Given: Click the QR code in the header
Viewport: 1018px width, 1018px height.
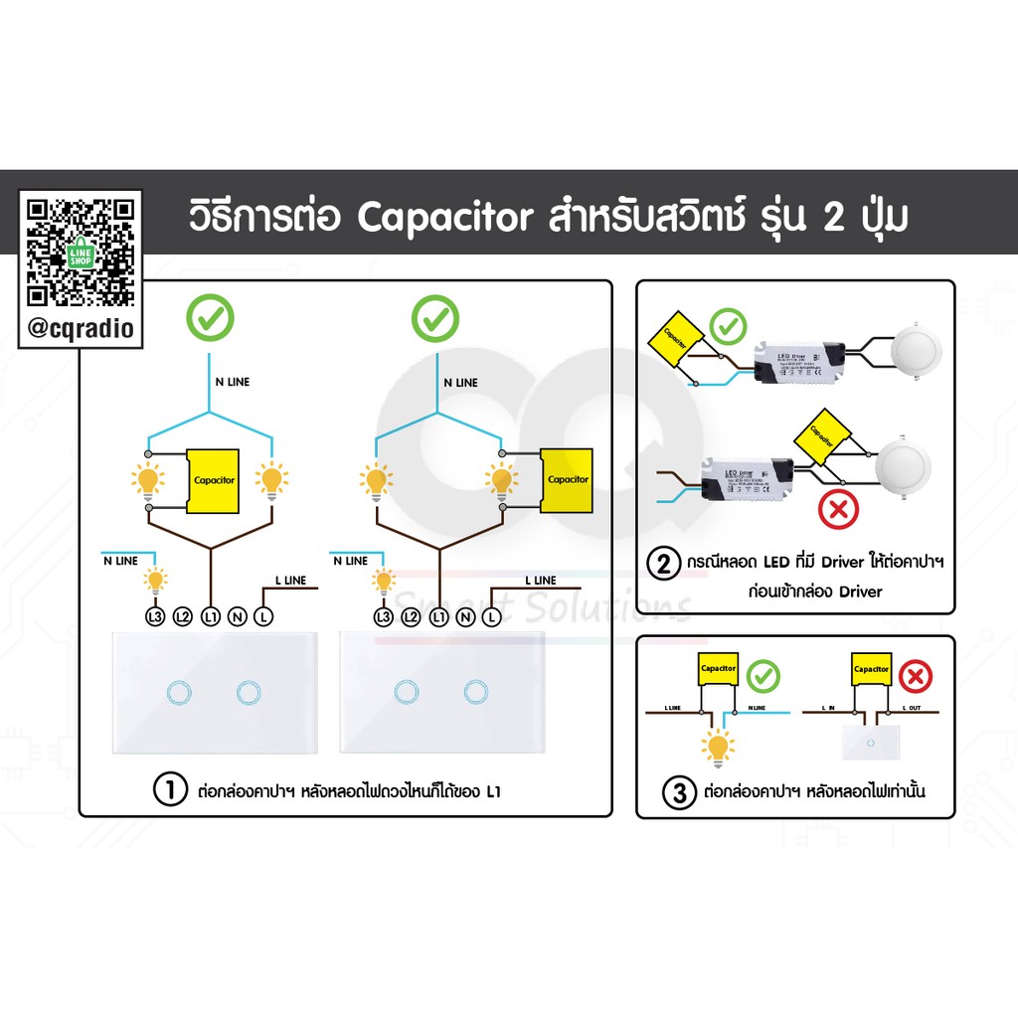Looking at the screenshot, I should pyautogui.click(x=81, y=253).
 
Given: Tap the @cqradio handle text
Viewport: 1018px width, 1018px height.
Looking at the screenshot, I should pyautogui.click(x=81, y=327).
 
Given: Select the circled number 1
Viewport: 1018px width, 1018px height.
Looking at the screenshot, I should pyautogui.click(x=170, y=791).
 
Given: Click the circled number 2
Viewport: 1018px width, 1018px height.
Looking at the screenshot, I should pyautogui.click(x=663, y=564).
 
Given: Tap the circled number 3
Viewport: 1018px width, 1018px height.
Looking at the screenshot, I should pyautogui.click(x=679, y=793).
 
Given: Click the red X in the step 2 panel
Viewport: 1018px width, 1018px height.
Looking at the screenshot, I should pyautogui.click(x=837, y=512).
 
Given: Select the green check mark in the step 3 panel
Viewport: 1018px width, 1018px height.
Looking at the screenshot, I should pyautogui.click(x=763, y=676).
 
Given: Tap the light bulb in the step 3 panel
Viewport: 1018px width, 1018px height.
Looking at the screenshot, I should pyautogui.click(x=718, y=746).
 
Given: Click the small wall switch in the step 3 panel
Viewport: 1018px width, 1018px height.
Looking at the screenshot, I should pyautogui.click(x=869, y=742).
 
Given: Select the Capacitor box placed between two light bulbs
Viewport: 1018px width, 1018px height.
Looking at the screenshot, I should pyautogui.click(x=214, y=480).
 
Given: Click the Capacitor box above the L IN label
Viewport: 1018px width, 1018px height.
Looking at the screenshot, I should pyautogui.click(x=870, y=670).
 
